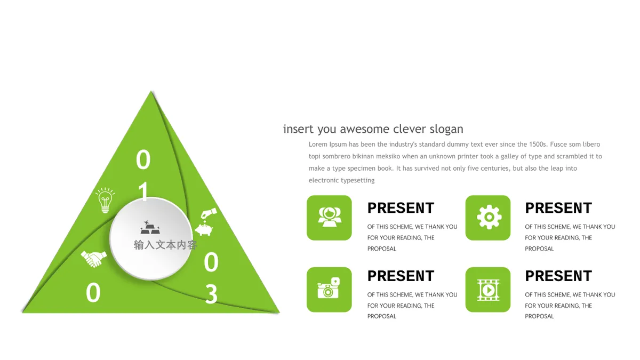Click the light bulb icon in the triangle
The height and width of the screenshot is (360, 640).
click(105, 201)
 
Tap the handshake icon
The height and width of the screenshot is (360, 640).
click(94, 259)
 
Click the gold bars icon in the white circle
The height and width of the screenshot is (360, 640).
click(150, 227)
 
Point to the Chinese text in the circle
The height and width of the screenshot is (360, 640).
click(165, 245)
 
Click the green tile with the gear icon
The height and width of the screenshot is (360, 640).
click(488, 218)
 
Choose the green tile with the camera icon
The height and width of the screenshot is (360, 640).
click(329, 290)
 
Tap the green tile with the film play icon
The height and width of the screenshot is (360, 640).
click(488, 290)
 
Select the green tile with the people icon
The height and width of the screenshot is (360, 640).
click(329, 218)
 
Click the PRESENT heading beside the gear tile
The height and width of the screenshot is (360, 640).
click(558, 207)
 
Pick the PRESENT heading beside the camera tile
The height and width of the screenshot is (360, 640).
click(401, 276)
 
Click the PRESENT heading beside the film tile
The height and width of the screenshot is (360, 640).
click(558, 276)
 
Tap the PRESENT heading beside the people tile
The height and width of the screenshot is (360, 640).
click(401, 207)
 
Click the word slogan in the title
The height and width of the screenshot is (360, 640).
click(446, 129)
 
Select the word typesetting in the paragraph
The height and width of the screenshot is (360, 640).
click(358, 181)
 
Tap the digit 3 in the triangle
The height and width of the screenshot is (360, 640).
click(211, 294)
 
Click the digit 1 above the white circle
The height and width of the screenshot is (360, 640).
click(143, 191)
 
